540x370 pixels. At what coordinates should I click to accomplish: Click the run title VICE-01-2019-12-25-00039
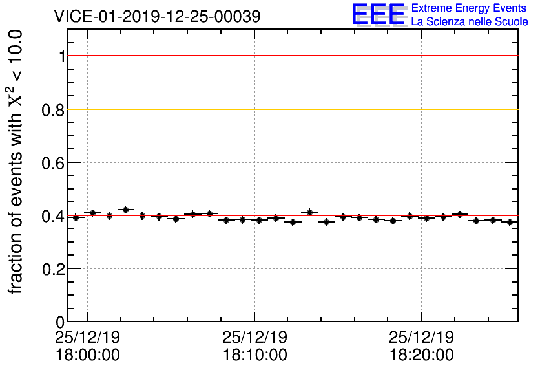(x=158, y=17)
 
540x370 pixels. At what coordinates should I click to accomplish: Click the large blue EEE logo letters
(x=379, y=14)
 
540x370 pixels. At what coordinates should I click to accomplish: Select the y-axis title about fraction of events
(x=18, y=162)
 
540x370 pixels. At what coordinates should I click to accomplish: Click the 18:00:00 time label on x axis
(x=87, y=355)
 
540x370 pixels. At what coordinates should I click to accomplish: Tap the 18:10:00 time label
(x=254, y=355)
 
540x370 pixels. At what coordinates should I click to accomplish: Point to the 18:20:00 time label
(x=421, y=355)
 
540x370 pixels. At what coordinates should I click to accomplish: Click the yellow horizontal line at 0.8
(x=291, y=109)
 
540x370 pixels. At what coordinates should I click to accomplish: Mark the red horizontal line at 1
(x=291, y=56)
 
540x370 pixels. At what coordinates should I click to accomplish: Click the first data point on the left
(x=76, y=217)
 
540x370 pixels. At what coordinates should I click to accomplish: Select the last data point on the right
(x=510, y=222)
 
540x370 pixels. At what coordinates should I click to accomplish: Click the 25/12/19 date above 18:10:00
(x=254, y=338)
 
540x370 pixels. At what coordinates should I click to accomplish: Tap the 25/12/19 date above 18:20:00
(x=421, y=338)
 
